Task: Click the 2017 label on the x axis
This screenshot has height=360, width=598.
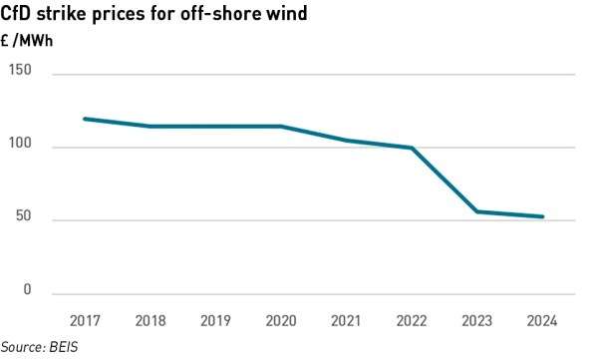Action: [85, 320]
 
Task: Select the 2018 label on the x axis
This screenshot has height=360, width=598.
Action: [150, 320]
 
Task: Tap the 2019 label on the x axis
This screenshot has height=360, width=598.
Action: [215, 320]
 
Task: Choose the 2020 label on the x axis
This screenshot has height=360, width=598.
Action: [281, 320]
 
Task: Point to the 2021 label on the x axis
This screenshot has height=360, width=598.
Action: [347, 320]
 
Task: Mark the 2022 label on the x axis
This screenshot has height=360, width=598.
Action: [412, 320]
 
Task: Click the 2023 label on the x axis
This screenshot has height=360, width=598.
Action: [477, 320]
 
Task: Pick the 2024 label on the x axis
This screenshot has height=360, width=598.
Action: [542, 320]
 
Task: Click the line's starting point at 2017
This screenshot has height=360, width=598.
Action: [85, 119]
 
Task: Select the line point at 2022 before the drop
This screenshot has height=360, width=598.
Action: [412, 148]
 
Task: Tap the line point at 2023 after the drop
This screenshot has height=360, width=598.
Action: [477, 211]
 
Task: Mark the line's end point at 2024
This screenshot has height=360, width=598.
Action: [542, 216]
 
